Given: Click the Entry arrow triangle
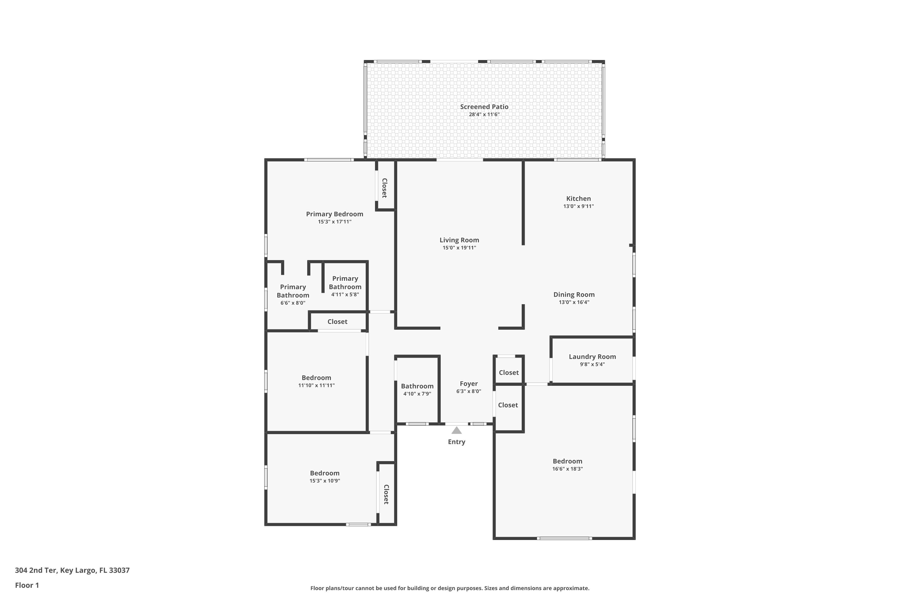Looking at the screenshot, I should pyautogui.click(x=457, y=430).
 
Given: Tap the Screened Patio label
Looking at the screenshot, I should pyautogui.click(x=484, y=107).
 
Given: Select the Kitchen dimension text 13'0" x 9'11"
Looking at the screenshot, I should pyautogui.click(x=578, y=206).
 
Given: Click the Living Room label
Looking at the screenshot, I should pyautogui.click(x=459, y=240).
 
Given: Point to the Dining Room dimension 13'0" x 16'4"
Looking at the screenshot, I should pyautogui.click(x=574, y=302).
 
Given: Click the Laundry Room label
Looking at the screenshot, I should pyautogui.click(x=592, y=357).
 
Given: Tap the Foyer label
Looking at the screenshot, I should pyautogui.click(x=468, y=383).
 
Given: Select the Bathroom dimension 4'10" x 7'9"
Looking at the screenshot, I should pyautogui.click(x=417, y=394).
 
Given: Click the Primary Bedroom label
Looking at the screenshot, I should pyautogui.click(x=334, y=214).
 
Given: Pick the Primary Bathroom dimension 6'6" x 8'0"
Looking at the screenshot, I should pyautogui.click(x=293, y=303).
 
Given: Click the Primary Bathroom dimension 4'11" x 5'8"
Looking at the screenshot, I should pyautogui.click(x=345, y=295).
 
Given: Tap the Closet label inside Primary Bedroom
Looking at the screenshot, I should pyautogui.click(x=385, y=188).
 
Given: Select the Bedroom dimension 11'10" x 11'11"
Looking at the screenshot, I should pyautogui.click(x=316, y=385).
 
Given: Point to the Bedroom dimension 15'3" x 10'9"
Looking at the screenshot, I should pyautogui.click(x=325, y=481).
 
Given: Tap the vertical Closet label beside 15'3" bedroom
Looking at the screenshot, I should pyautogui.click(x=386, y=494).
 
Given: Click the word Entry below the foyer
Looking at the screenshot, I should pyautogui.click(x=457, y=442).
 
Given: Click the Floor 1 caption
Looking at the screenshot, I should pyautogui.click(x=27, y=585).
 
